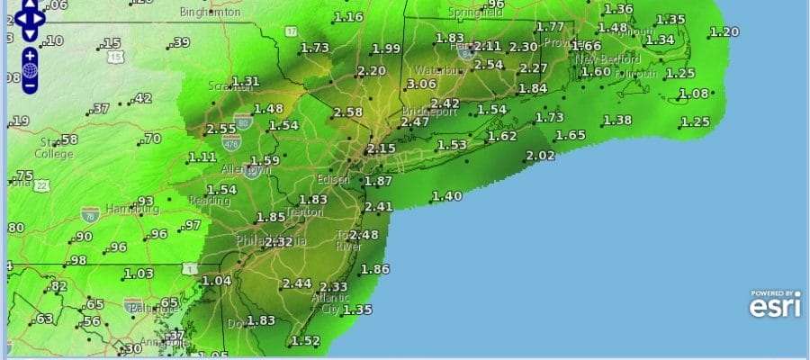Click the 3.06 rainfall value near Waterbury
(421, 84)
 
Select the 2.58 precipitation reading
(348, 112)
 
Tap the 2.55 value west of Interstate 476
(221, 129)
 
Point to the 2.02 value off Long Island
(540, 156)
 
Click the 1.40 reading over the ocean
(446, 196)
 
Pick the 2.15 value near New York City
(382, 148)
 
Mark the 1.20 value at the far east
(724, 32)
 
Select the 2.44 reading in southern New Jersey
(296, 283)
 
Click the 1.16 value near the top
(348, 17)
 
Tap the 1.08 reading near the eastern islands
(694, 94)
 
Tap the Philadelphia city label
(270, 241)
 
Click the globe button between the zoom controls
(30, 70)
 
